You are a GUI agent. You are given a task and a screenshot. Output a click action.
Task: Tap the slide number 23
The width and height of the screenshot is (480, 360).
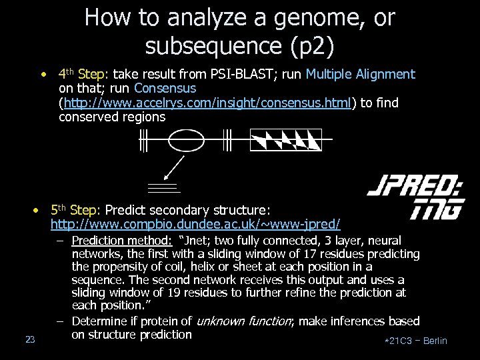coord(30,340)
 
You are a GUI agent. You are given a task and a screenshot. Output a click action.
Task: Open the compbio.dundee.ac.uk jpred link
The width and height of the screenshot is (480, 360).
coord(195,222)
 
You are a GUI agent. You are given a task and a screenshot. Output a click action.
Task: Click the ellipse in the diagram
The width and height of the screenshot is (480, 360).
coord(186,140)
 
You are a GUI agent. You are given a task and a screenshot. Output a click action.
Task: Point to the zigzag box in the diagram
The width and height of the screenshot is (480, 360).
coord(285,140)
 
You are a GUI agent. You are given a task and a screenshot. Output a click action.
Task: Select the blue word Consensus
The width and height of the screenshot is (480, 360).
coord(165,89)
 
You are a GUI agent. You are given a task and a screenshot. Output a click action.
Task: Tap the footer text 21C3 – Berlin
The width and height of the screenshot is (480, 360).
coord(417,341)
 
